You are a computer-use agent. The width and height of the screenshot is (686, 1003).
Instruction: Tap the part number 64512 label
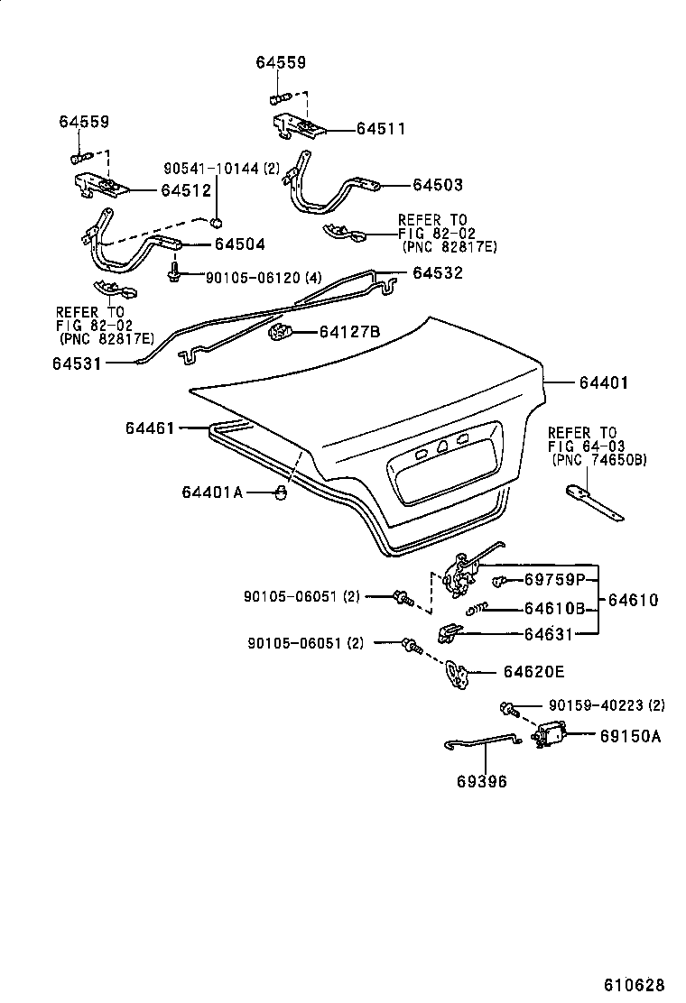pyautogui.click(x=185, y=190)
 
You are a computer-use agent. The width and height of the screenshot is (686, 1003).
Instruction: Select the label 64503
pyautogui.click(x=438, y=185)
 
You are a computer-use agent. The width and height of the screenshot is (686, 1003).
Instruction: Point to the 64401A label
pyautogui.click(x=212, y=492)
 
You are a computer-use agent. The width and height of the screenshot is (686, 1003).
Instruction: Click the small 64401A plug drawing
pyautogui.click(x=281, y=492)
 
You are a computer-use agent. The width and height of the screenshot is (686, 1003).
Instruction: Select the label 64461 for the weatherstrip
pyautogui.click(x=150, y=428)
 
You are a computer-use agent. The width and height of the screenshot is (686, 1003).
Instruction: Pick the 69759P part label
pyautogui.click(x=555, y=579)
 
